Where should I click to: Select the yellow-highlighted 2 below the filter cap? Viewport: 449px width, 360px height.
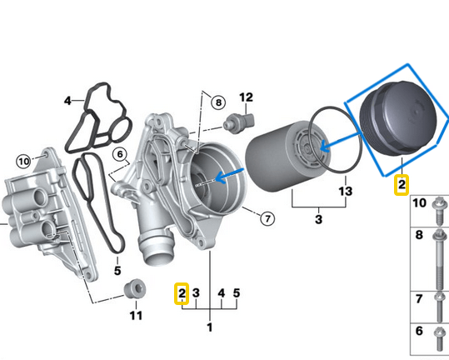coord(402,183)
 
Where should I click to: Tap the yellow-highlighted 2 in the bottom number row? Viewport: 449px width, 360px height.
coord(182,293)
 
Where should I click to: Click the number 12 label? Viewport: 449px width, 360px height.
coord(246,97)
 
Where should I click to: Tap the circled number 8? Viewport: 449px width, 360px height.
coord(218,102)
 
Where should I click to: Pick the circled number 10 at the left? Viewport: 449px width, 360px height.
coord(22,160)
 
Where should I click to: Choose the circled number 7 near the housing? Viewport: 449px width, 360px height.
coord(267,219)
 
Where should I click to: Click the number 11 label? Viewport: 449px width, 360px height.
coord(136,315)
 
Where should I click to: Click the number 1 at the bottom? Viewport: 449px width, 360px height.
coord(209,327)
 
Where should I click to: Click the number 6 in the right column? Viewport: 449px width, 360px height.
coord(420,332)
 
